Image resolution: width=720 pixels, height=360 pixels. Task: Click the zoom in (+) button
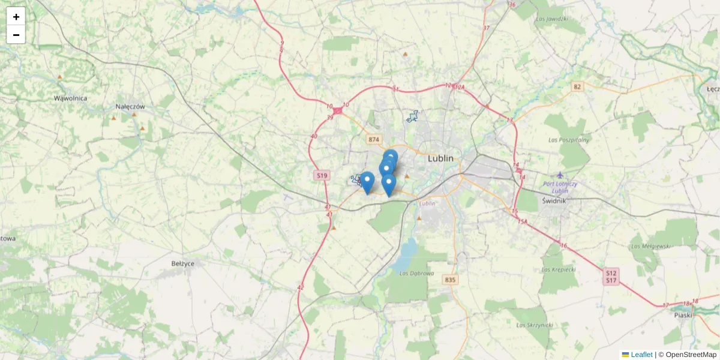pyautogui.click(x=16, y=16)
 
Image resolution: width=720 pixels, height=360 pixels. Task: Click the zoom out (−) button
pyautogui.click(x=16, y=35)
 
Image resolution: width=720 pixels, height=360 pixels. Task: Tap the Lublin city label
pyautogui.click(x=440, y=159)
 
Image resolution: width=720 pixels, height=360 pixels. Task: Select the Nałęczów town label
pyautogui.click(x=131, y=107)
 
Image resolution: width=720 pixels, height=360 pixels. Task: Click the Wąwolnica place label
pyautogui.click(x=70, y=98)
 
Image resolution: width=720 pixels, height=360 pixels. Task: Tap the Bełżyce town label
pyautogui.click(x=182, y=263)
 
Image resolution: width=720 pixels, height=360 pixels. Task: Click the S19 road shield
pyautogui.click(x=322, y=175)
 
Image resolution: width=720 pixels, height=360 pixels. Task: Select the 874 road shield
pyautogui.click(x=374, y=139)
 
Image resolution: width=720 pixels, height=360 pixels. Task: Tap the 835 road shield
pyautogui.click(x=450, y=280)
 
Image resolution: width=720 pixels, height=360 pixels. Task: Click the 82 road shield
pyautogui.click(x=577, y=87)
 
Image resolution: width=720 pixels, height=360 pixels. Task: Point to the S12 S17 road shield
pyautogui.click(x=611, y=277)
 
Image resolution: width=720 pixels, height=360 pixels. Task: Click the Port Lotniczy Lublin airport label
pyautogui.click(x=560, y=187)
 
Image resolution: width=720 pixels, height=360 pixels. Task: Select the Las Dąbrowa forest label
pyautogui.click(x=416, y=274)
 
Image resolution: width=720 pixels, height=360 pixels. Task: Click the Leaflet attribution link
pyautogui.click(x=641, y=355)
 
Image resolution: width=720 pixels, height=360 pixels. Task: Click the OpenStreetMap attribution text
pyautogui.click(x=691, y=355)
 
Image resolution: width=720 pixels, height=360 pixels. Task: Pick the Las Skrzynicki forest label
pyautogui.click(x=533, y=325)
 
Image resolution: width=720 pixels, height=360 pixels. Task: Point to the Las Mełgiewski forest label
pyautogui.click(x=650, y=246)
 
